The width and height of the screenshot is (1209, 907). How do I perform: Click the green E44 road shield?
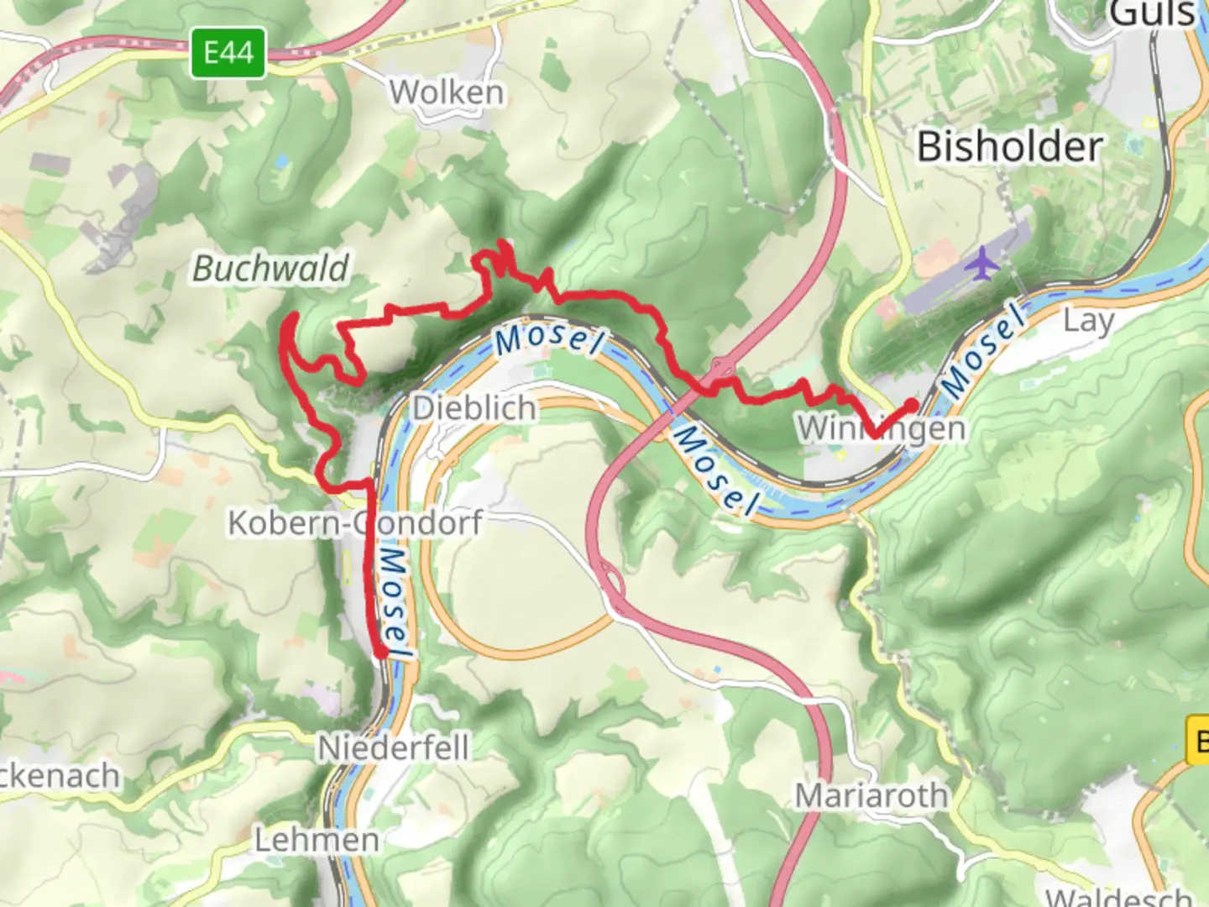[x=228, y=53]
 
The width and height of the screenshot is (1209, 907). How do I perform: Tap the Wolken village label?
[x=447, y=92]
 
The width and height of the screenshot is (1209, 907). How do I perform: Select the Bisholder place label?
[x=1009, y=147]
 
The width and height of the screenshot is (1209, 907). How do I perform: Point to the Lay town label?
[x=1088, y=321]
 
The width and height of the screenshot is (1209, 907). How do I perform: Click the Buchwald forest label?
[x=270, y=269]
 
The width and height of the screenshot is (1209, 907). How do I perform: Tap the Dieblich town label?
[x=474, y=408]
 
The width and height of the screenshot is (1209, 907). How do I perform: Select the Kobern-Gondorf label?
[x=354, y=522]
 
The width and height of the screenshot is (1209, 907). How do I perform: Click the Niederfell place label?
[x=393, y=747]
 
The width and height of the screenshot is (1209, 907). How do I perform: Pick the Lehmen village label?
[x=317, y=839]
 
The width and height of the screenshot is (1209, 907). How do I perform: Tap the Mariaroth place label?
[x=871, y=794]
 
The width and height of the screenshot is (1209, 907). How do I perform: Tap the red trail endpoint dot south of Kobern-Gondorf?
[x=380, y=651]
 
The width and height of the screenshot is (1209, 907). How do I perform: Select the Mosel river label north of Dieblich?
[x=550, y=338]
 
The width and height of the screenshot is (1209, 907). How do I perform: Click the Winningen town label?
[x=880, y=429]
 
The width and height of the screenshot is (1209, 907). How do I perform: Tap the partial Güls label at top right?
[x=1152, y=13]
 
